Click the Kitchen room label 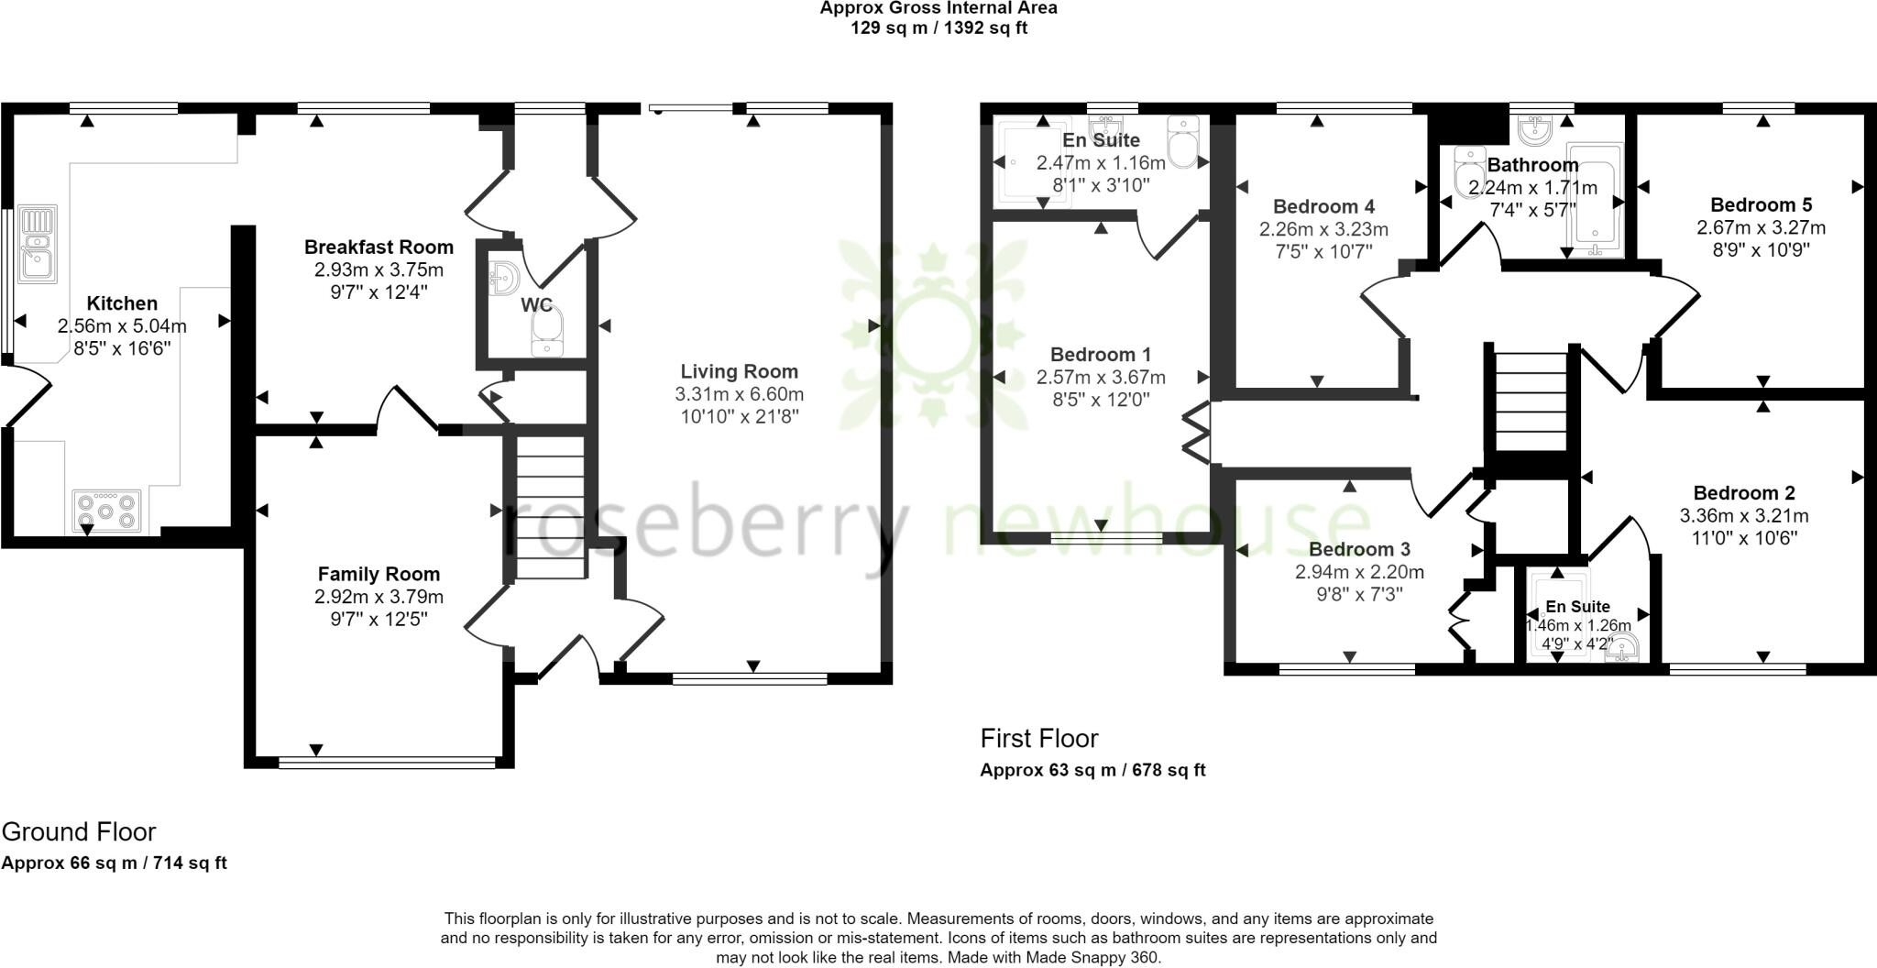(x=122, y=303)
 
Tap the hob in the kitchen (x=107, y=512)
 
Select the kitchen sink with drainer (x=38, y=241)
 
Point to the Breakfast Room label (x=379, y=247)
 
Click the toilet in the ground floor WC (x=548, y=331)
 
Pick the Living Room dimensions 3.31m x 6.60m (x=739, y=394)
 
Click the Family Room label (x=379, y=574)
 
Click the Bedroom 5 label (x=1761, y=204)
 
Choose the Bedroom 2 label (x=1743, y=492)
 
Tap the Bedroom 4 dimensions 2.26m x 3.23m (x=1323, y=229)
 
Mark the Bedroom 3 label (x=1358, y=549)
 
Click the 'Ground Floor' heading (x=79, y=831)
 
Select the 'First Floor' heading (x=1038, y=738)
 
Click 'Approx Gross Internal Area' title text (x=938, y=8)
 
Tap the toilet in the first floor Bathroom (x=1469, y=171)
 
